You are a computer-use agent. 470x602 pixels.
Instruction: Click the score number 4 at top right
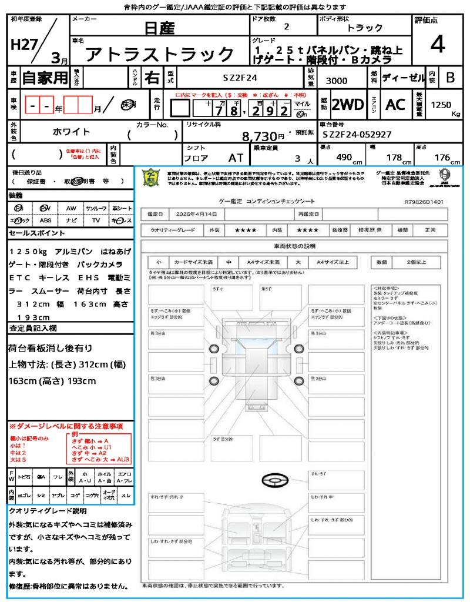437,44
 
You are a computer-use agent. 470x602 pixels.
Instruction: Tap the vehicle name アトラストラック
160,54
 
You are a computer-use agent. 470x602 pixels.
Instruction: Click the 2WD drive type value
348,105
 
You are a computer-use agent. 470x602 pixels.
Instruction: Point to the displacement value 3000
337,81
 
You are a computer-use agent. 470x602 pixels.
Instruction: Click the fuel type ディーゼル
403,77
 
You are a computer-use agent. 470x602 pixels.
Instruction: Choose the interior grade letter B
450,77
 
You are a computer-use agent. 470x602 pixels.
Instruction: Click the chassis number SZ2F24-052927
357,135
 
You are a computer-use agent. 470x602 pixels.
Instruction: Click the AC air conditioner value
395,105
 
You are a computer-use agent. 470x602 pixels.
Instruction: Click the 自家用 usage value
45,77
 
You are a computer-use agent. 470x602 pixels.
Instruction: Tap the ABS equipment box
45,220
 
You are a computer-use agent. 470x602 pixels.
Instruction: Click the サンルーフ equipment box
96,209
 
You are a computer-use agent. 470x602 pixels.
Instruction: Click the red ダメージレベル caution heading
66,426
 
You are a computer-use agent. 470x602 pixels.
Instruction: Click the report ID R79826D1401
424,202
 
